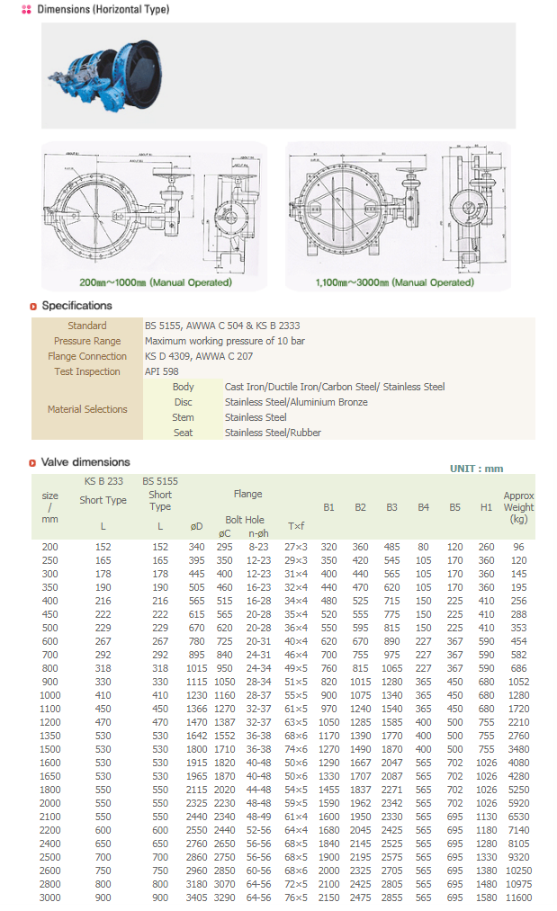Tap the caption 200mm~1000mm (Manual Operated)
tap(155, 282)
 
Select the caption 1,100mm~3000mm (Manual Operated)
tap(394, 282)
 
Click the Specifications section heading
tap(76, 306)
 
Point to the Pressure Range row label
tap(87, 341)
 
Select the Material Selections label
tap(87, 409)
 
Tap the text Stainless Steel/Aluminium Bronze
tap(296, 402)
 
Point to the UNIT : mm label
tap(477, 469)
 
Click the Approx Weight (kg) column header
tap(518, 507)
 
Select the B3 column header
tap(391, 507)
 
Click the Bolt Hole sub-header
tap(245, 520)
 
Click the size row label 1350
tap(49, 736)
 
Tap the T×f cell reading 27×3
tap(296, 547)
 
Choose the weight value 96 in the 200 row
tap(518, 547)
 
